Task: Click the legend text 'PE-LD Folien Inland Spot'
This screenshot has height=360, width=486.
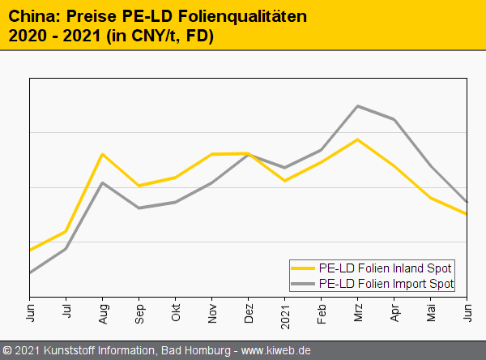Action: (385, 268)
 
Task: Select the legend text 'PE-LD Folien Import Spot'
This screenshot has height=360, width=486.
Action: (386, 284)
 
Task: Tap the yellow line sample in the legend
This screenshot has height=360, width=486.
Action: (304, 268)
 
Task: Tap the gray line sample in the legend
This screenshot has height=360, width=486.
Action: (304, 284)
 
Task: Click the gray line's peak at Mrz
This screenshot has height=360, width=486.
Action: (358, 106)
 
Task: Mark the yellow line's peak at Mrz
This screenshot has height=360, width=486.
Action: (358, 139)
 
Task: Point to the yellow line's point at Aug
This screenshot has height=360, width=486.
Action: (102, 154)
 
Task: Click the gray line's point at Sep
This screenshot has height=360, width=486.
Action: (139, 208)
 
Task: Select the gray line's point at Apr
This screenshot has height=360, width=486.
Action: (394, 120)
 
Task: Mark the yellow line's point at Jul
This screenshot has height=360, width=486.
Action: (66, 232)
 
